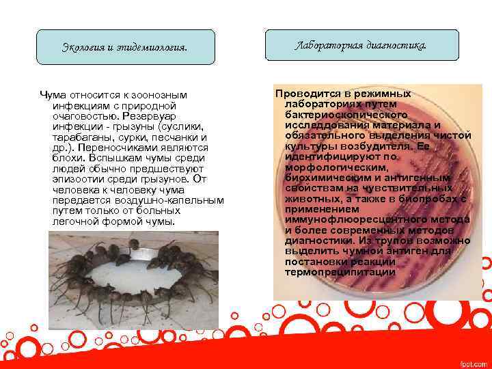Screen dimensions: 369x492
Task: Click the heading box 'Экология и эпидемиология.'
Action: click(x=125, y=47)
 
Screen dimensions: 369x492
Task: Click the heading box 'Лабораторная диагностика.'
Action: click(x=361, y=46)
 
